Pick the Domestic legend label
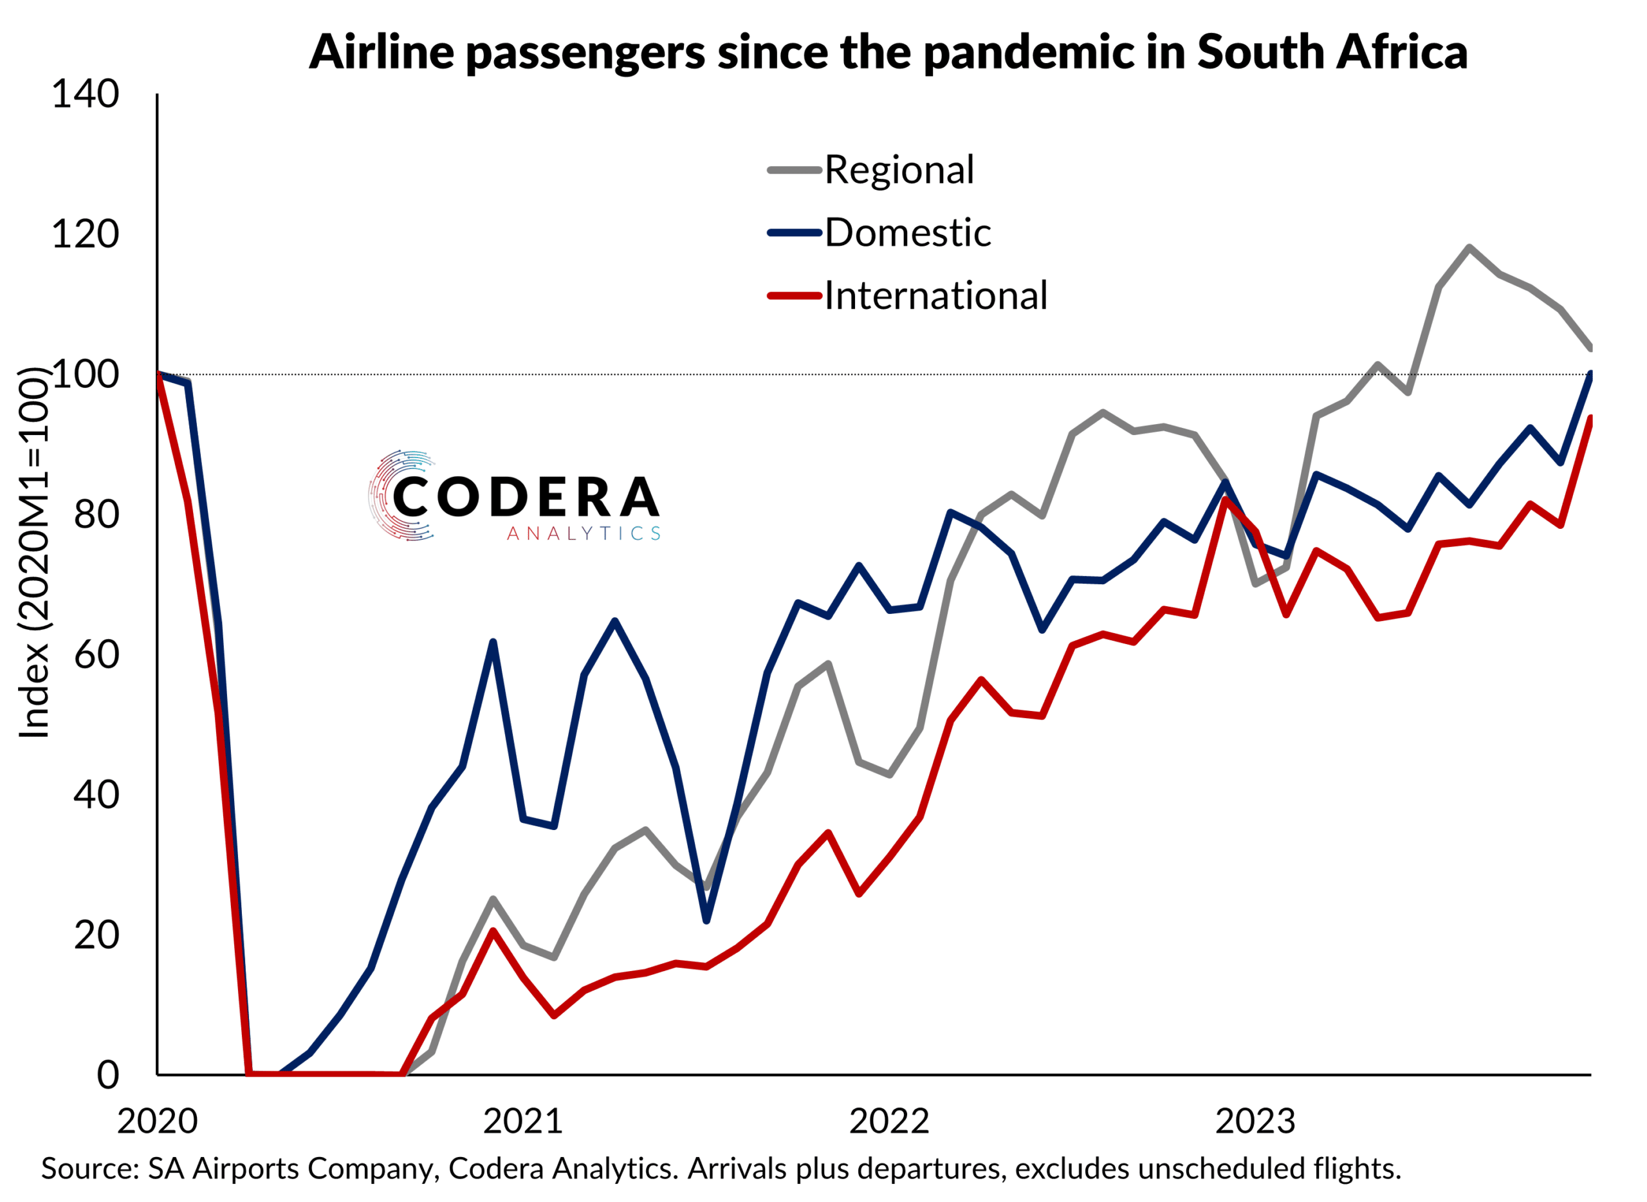907,233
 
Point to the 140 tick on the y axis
85,95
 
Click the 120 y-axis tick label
85,235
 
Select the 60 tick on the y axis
96,655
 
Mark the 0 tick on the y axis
107,1075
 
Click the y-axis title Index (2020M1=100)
34,553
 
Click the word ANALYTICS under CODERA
584,534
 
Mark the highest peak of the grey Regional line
1469,247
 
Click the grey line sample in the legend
795,171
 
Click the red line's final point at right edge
1590,418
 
